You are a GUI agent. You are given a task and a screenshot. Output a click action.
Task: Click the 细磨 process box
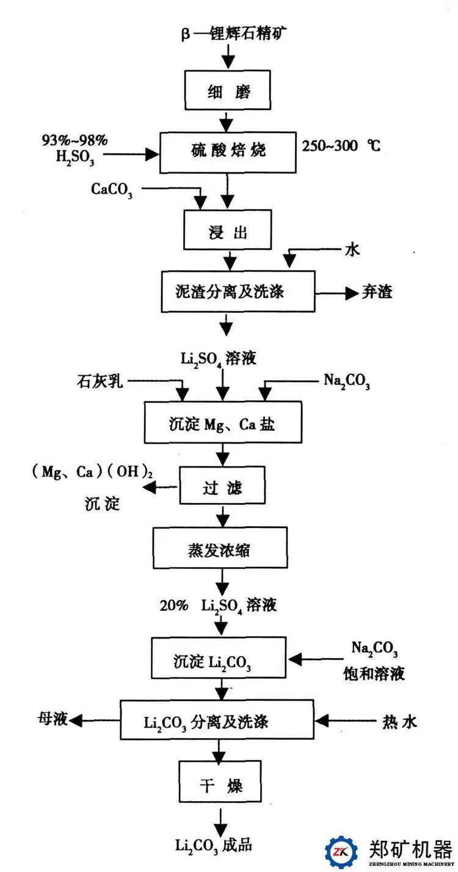pyautogui.click(x=227, y=92)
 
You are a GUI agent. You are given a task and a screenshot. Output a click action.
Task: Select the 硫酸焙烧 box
pyautogui.click(x=227, y=150)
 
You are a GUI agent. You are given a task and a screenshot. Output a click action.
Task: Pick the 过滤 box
pyautogui.click(x=222, y=488)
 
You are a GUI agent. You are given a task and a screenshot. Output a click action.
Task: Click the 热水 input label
pyautogui.click(x=400, y=722)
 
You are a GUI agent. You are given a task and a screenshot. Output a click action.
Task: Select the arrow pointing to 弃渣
pyautogui.click(x=341, y=293)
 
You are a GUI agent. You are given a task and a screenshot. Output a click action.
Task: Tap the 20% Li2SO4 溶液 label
pyautogui.click(x=218, y=606)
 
